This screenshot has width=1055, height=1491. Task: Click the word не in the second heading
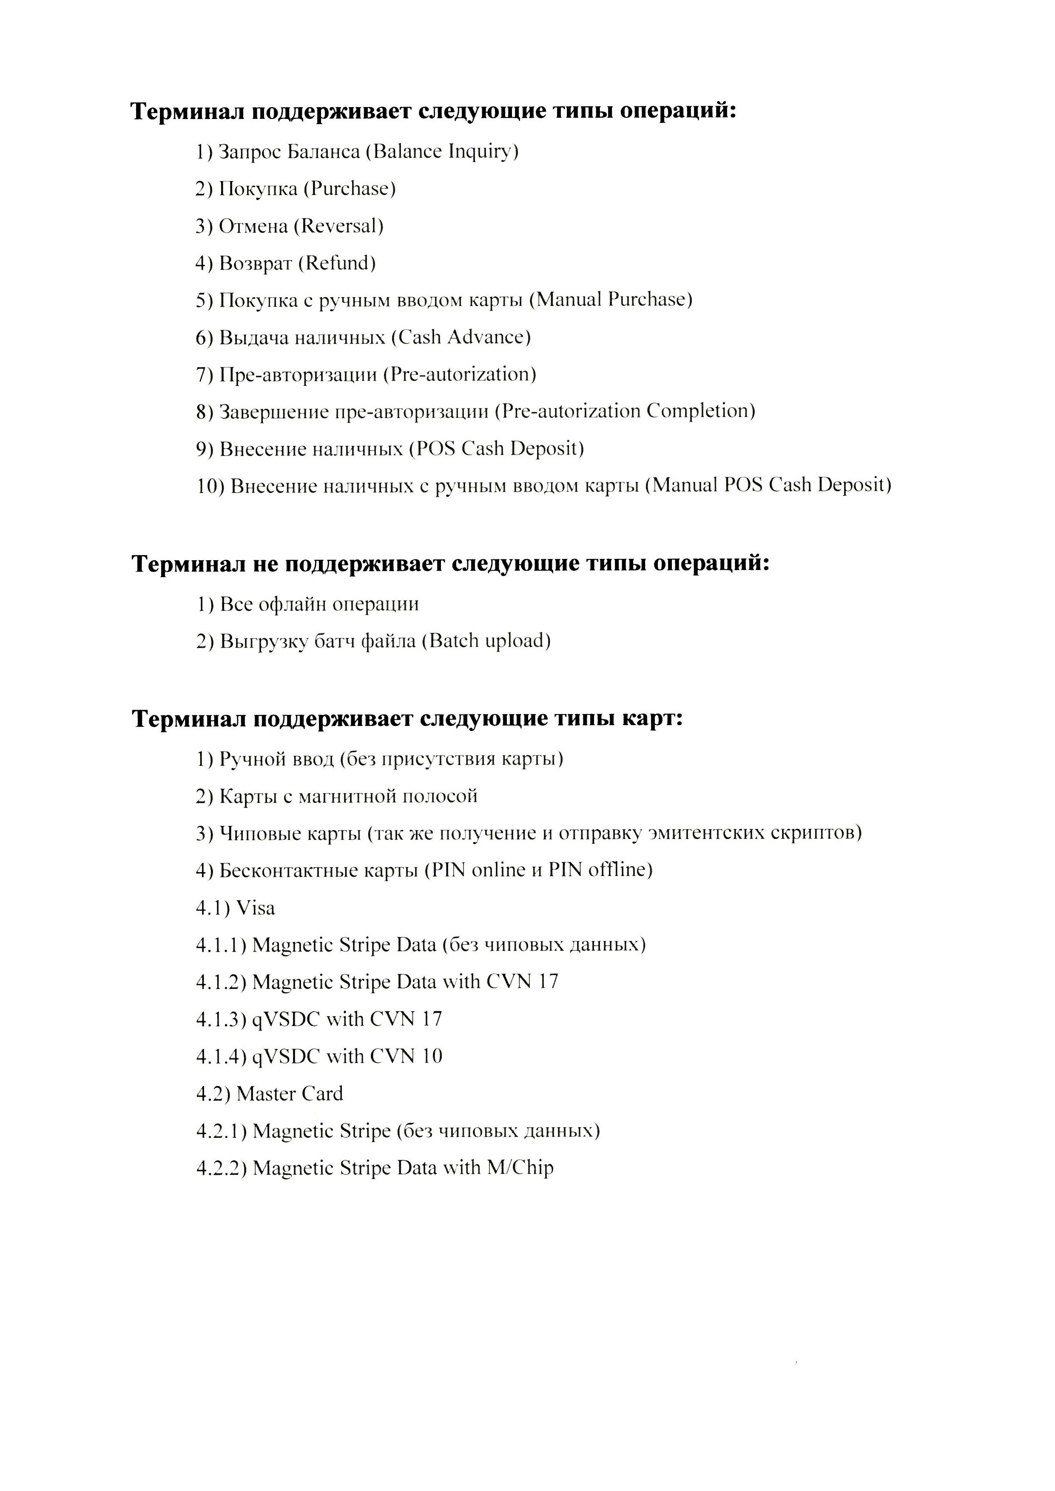pos(265,563)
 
